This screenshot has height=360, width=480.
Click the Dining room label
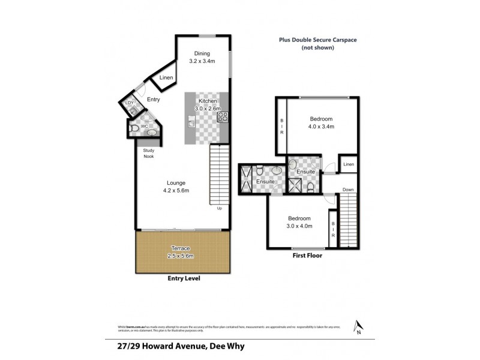click(202, 53)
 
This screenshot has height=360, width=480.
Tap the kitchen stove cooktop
click(221, 116)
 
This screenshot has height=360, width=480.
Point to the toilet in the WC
click(133, 127)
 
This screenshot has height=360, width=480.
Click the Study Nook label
click(148, 154)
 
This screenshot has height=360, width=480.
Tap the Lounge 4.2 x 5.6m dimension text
click(176, 191)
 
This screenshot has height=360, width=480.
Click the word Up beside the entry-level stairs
click(219, 208)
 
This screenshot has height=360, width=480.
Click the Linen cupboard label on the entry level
click(166, 78)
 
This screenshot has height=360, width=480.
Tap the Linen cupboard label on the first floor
click(349, 164)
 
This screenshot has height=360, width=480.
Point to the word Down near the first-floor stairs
click(348, 190)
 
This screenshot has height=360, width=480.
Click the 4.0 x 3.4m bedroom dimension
click(321, 127)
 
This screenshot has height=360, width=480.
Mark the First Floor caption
click(307, 256)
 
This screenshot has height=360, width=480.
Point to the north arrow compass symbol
click(358, 326)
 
